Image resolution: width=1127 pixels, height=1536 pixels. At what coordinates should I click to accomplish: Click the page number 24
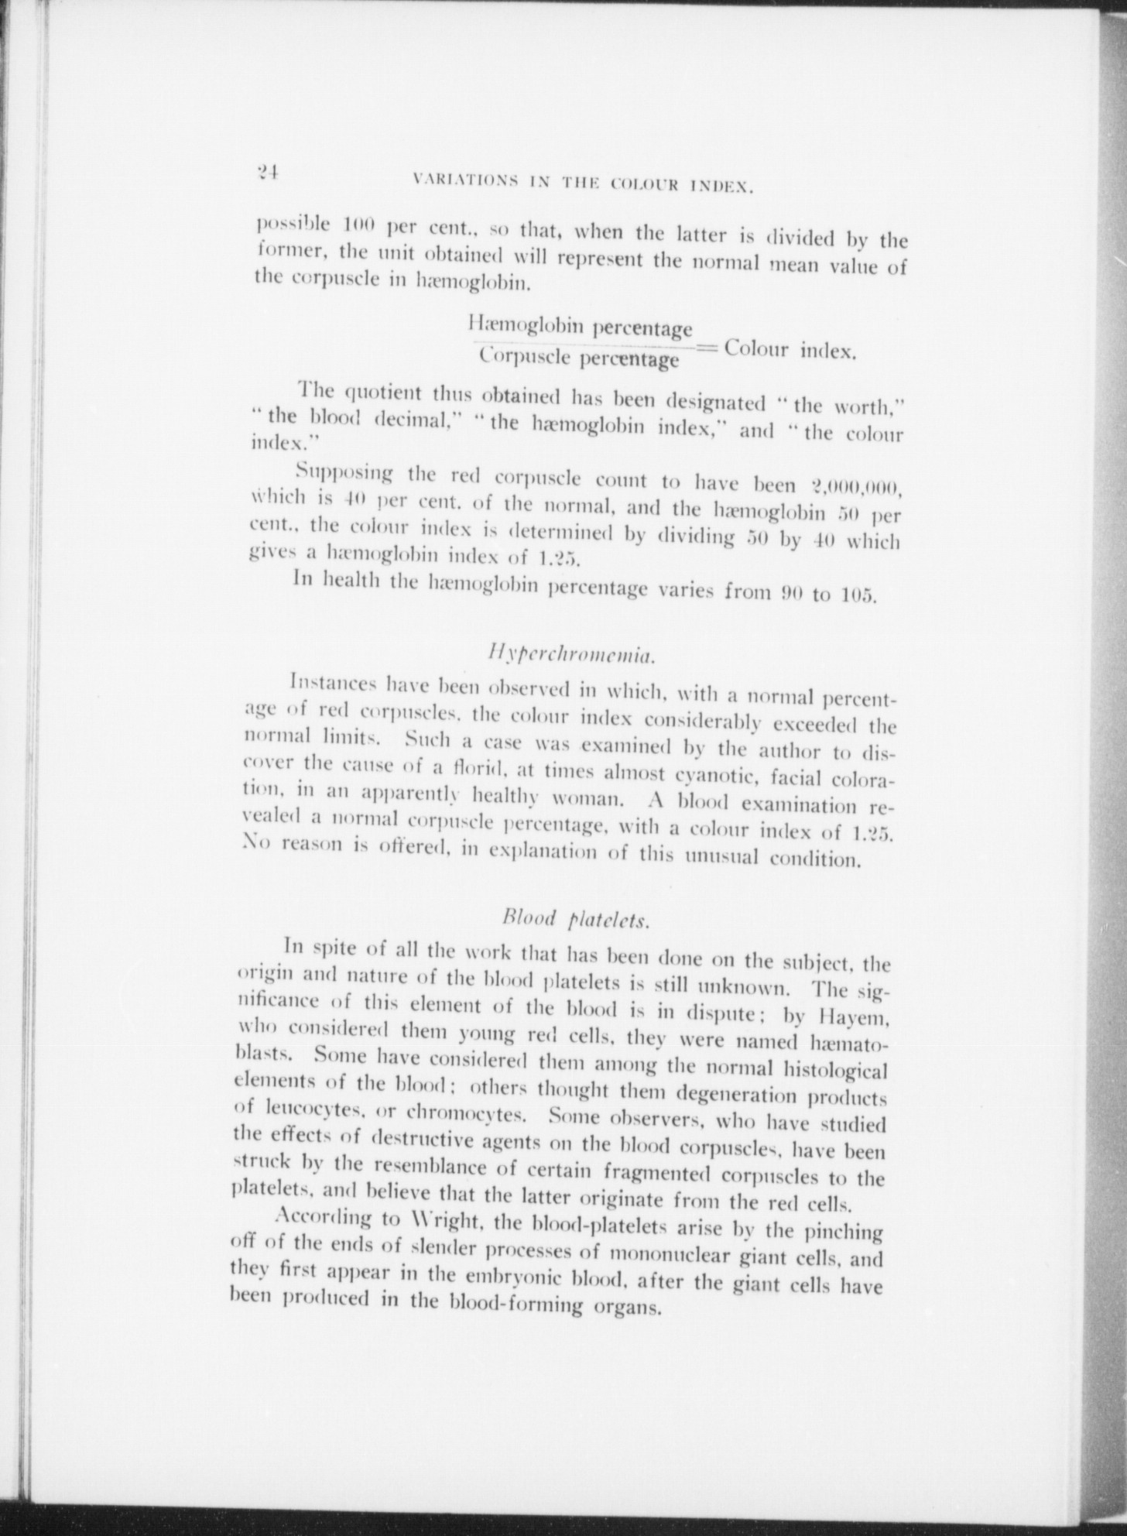point(269,173)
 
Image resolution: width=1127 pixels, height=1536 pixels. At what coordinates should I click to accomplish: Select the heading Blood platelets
point(575,919)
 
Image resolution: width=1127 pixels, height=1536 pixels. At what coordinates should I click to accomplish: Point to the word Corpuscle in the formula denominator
point(527,355)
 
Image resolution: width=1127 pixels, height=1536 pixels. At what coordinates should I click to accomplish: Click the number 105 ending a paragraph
point(857,596)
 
